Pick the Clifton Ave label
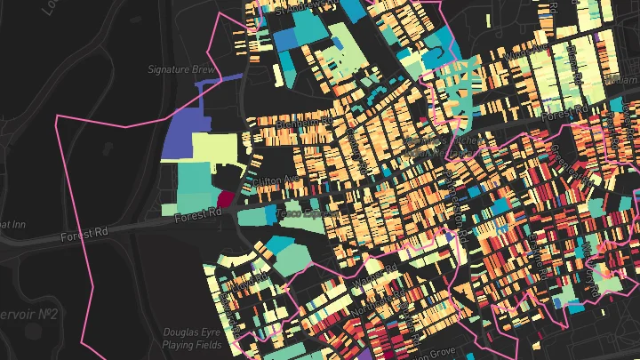point(272,180)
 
